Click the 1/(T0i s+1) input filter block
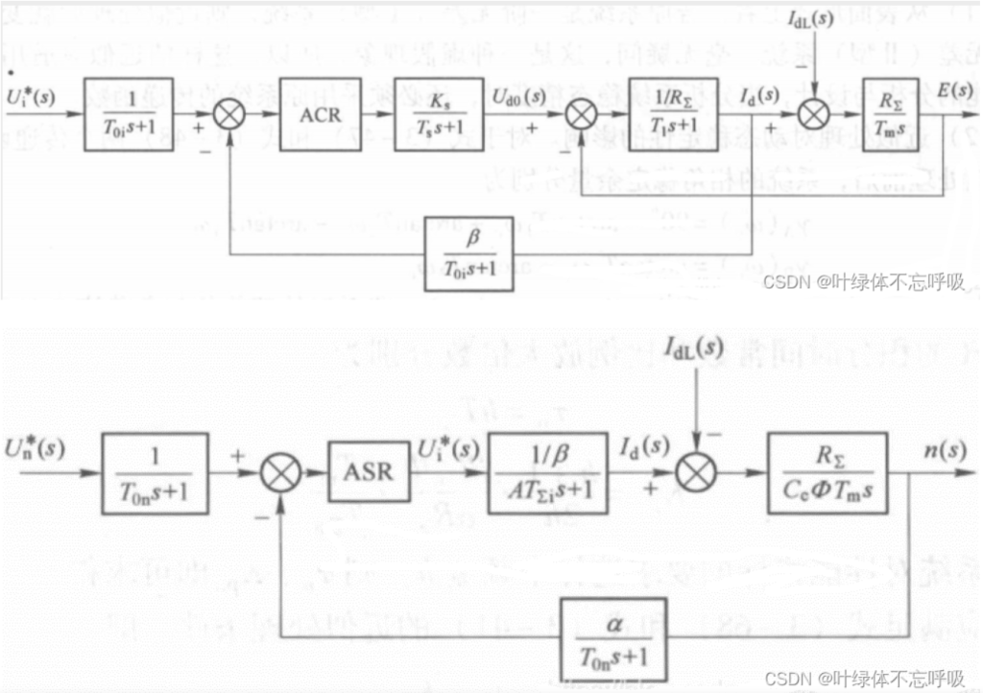point(128,115)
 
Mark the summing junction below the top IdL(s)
point(814,115)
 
